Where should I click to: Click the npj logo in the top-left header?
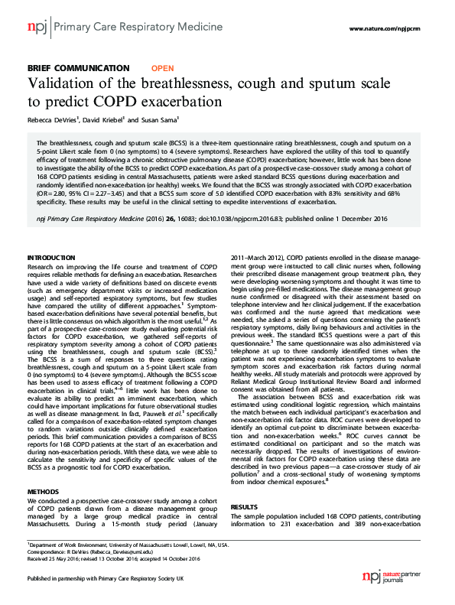coord(36,28)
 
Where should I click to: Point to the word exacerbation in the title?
coord(180,101)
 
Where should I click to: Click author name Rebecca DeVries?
coord(54,120)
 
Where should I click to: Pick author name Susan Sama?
coord(159,120)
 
